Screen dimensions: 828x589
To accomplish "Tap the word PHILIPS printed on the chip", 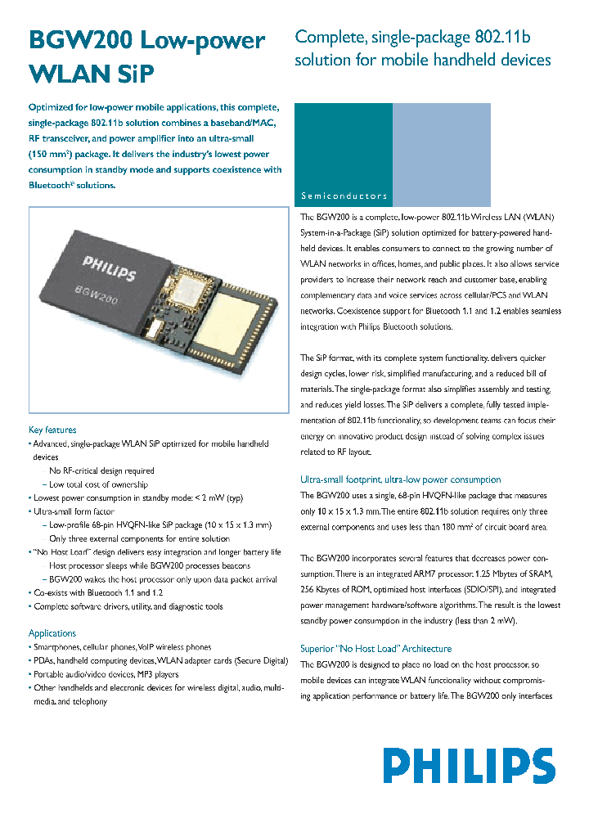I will pos(109,268).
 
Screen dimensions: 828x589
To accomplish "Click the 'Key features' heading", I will pos(52,430).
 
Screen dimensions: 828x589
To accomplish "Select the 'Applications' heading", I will pos(52,633).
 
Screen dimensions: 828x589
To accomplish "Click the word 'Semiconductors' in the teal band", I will pos(344,196).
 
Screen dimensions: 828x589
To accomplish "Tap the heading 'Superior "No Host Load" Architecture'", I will pos(375,649).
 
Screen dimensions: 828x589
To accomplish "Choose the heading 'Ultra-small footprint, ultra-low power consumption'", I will pos(400,479).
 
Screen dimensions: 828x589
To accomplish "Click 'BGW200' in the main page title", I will pos(79,41).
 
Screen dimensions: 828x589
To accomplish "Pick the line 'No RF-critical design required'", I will pos(101,471).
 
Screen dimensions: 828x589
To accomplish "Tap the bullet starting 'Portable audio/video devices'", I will pos(106,674).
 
